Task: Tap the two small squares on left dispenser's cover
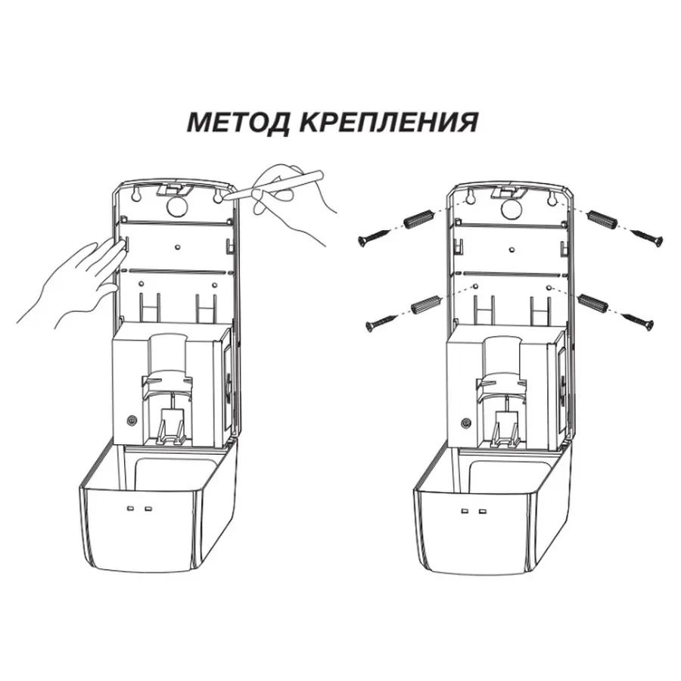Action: (x=138, y=508)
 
